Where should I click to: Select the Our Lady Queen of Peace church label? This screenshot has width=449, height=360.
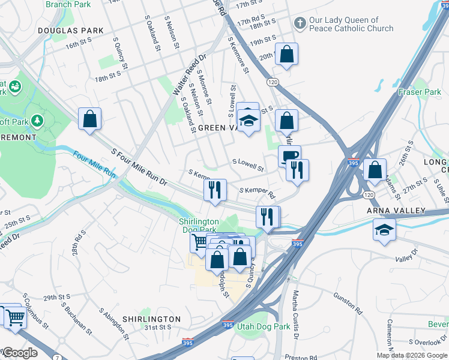tap(351, 24)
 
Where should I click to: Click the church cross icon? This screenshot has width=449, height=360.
tap(300, 23)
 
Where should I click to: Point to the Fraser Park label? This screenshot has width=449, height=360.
tap(420, 92)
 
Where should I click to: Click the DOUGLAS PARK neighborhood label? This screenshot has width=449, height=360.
tap(70, 31)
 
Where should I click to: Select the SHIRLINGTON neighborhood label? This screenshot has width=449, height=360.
tap(151, 319)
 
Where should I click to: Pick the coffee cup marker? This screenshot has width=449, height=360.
tap(289, 155)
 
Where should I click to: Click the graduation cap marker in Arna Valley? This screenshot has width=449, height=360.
tap(384, 230)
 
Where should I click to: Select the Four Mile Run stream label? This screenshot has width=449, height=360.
tap(94, 163)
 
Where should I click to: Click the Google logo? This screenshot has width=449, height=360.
tap(20, 353)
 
